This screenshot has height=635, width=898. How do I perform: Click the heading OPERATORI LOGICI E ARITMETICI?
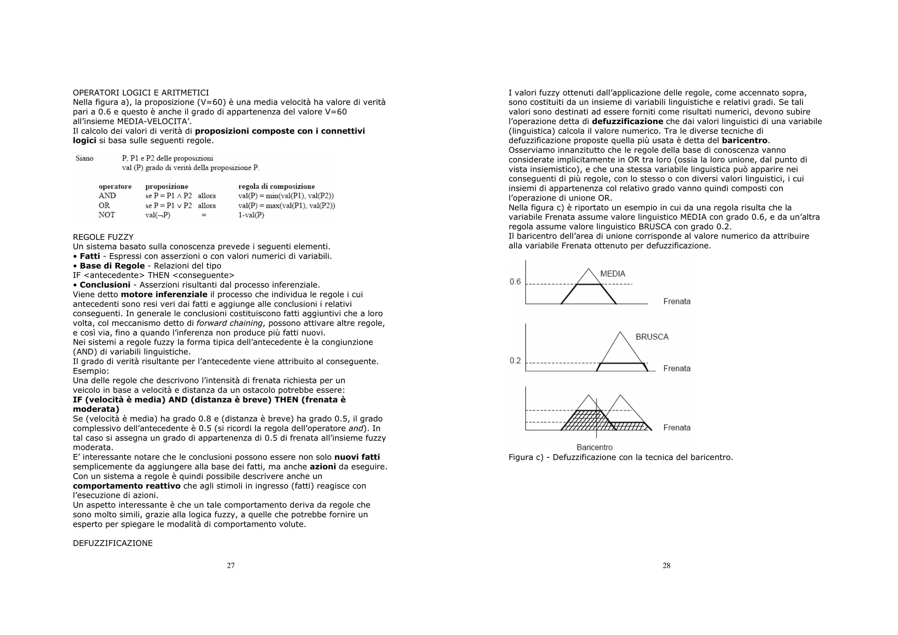[x=141, y=93]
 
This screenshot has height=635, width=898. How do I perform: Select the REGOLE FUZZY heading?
[x=103, y=237]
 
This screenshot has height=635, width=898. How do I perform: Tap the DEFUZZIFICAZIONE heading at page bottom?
[x=113, y=543]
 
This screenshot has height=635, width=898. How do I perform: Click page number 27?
[x=231, y=565]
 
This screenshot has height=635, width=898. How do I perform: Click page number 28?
[x=666, y=565]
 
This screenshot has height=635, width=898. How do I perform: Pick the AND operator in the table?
[x=107, y=196]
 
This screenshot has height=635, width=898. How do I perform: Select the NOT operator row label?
[x=107, y=215]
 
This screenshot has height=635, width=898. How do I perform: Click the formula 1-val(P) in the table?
[x=251, y=215]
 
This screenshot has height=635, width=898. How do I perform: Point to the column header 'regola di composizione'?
[x=276, y=186]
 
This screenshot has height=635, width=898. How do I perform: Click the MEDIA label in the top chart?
[x=613, y=274]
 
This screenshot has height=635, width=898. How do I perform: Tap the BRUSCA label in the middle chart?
[x=652, y=337]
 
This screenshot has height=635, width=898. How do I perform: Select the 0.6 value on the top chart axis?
[x=515, y=282]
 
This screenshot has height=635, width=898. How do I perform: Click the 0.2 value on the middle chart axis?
[x=515, y=360]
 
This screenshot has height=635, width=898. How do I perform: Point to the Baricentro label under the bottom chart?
[x=595, y=447]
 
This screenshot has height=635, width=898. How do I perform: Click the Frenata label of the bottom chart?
[x=677, y=428]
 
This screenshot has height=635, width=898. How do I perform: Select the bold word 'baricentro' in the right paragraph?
[x=745, y=140]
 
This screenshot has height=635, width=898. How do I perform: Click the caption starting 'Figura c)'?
[x=620, y=457]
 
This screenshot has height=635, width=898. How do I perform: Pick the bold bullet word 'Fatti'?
[x=90, y=256]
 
